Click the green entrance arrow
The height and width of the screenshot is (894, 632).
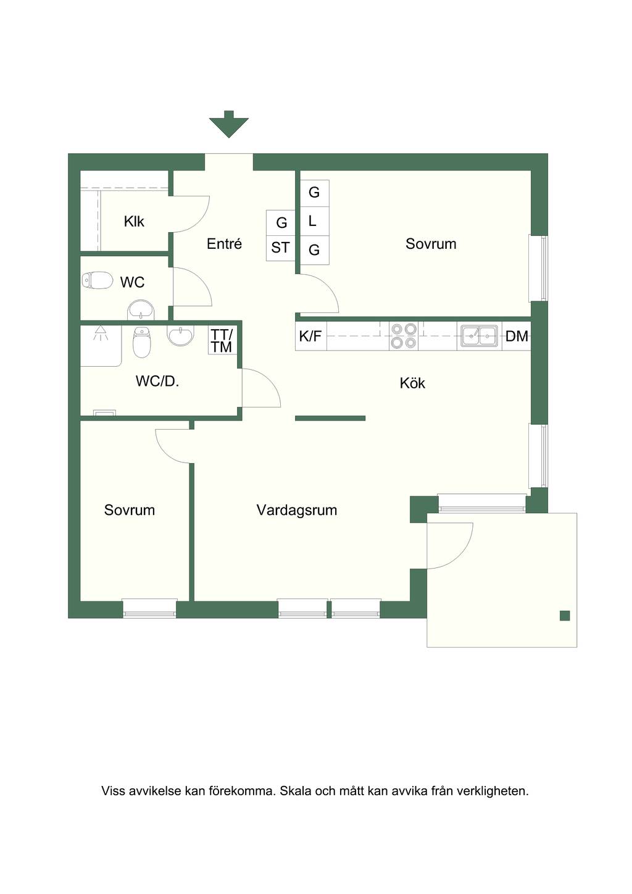coord(228,124)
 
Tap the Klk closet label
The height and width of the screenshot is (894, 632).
coord(134,222)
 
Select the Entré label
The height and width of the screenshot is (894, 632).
coord(224,243)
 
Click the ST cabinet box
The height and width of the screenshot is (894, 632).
coord(280,248)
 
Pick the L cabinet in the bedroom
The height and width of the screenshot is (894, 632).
coord(314,220)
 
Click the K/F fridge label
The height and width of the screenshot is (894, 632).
coord(310,336)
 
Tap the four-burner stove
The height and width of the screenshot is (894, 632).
coord(404,336)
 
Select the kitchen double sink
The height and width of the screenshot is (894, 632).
coord(480,335)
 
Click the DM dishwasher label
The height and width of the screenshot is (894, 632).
coord(517,336)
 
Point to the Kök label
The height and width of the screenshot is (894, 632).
coord(412,383)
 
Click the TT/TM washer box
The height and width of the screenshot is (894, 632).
coord(222,340)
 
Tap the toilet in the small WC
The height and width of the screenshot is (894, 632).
coord(97,280)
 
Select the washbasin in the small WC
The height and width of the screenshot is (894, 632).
coord(141,310)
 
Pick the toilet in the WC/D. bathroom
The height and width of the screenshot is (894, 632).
coord(141,342)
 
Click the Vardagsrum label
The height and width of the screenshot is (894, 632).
coord(297,509)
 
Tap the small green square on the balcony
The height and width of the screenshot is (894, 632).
coord(565,616)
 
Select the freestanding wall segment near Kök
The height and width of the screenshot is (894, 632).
coord(330,418)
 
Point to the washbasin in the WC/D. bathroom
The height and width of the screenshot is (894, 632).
coord(181,336)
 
